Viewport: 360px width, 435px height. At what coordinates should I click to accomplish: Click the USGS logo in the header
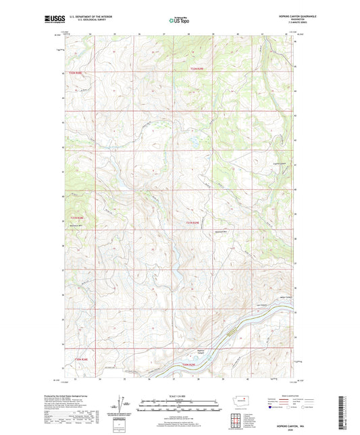(x=51, y=20)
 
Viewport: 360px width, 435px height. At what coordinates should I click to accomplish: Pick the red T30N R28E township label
(x=82, y=359)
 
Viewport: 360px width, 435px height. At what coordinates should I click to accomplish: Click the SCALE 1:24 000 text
(x=179, y=396)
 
